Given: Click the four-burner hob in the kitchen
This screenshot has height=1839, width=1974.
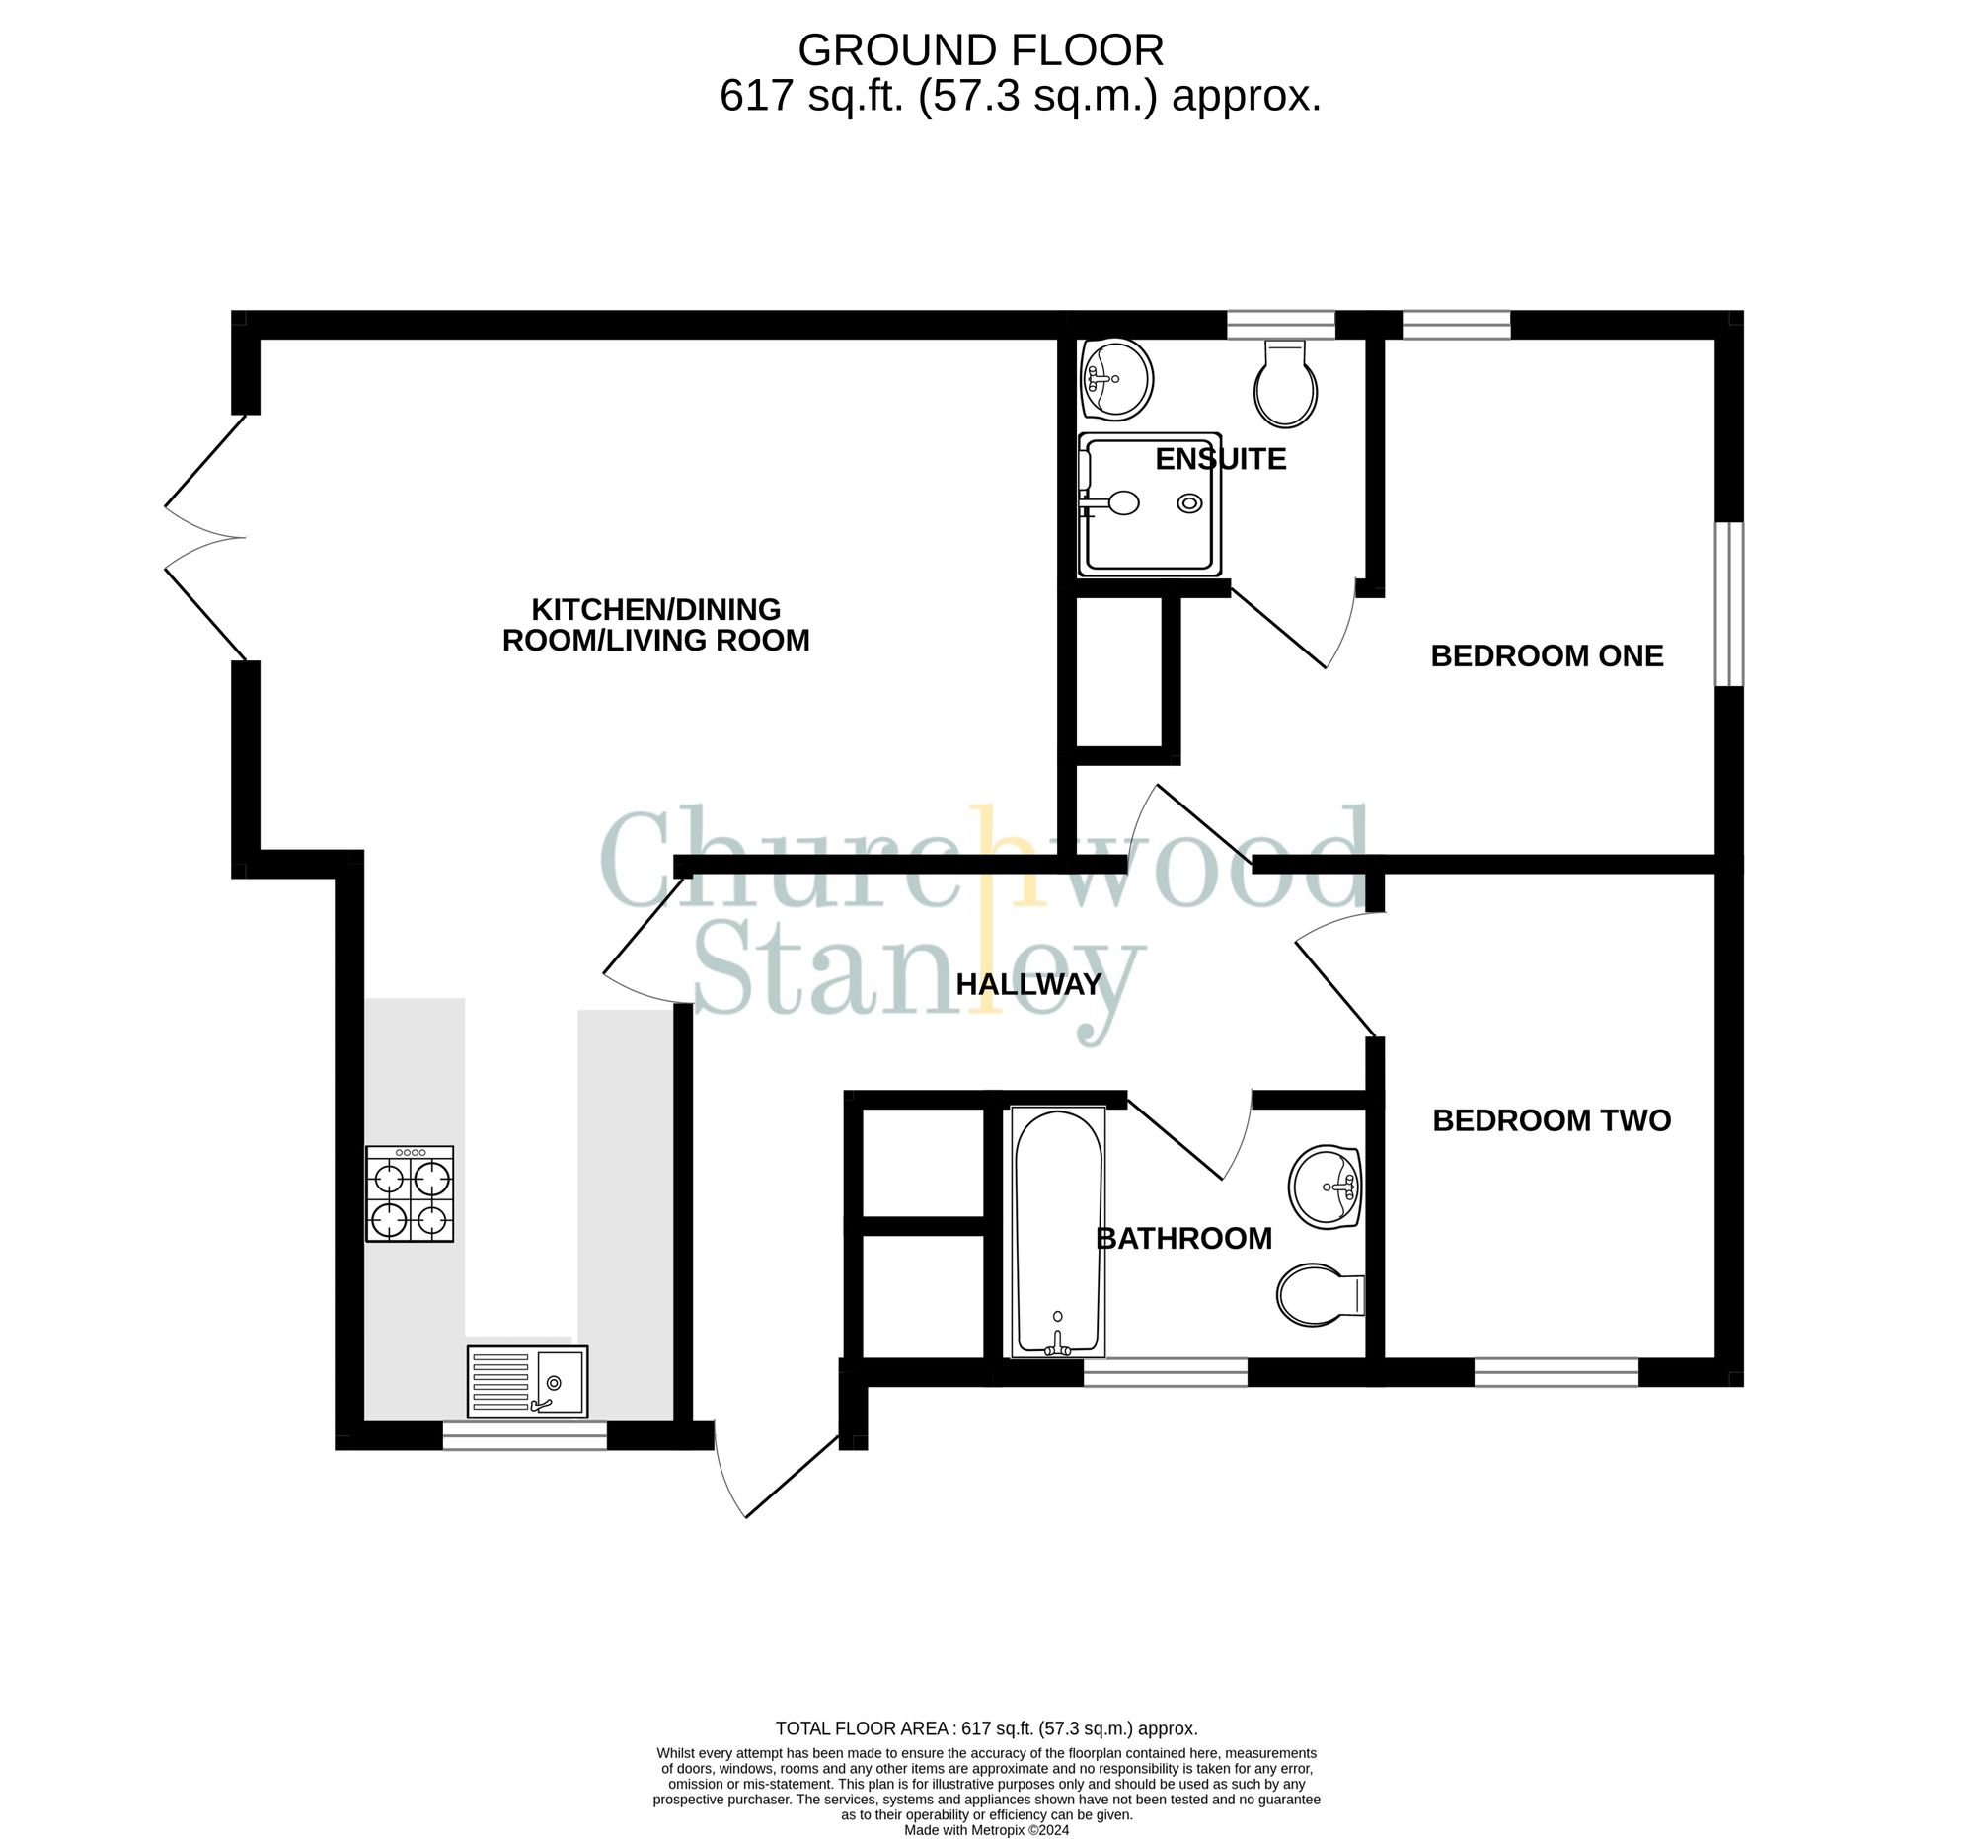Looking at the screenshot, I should click(x=409, y=1193).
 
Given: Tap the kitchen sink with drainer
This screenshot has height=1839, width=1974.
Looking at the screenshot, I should click(x=527, y=1381).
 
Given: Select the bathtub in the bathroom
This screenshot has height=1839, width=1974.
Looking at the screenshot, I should click(x=1057, y=1232).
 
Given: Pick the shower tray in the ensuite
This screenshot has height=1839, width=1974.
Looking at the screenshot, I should click(x=1150, y=504).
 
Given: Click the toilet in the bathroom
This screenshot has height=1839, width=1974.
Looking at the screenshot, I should click(x=1319, y=1295).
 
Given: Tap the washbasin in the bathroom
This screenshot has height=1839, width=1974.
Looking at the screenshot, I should click(x=1324, y=1188).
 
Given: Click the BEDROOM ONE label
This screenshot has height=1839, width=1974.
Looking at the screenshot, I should click(x=1546, y=655).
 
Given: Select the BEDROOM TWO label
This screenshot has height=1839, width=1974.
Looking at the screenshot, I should click(x=1551, y=1120).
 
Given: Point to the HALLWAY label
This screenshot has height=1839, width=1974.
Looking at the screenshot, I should click(x=1027, y=984).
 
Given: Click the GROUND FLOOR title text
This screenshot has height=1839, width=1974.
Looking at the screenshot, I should click(x=980, y=49).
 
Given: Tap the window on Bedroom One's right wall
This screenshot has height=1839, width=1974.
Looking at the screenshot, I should click(x=1729, y=604).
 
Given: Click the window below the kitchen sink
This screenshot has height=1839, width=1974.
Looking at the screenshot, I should click(x=524, y=1436).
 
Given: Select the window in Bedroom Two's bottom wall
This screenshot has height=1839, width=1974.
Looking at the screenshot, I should click(x=1555, y=1372).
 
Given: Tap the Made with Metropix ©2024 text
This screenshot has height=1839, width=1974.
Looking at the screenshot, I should click(x=986, y=1830).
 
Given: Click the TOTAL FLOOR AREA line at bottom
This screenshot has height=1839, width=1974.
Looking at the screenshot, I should click(x=986, y=1728).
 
